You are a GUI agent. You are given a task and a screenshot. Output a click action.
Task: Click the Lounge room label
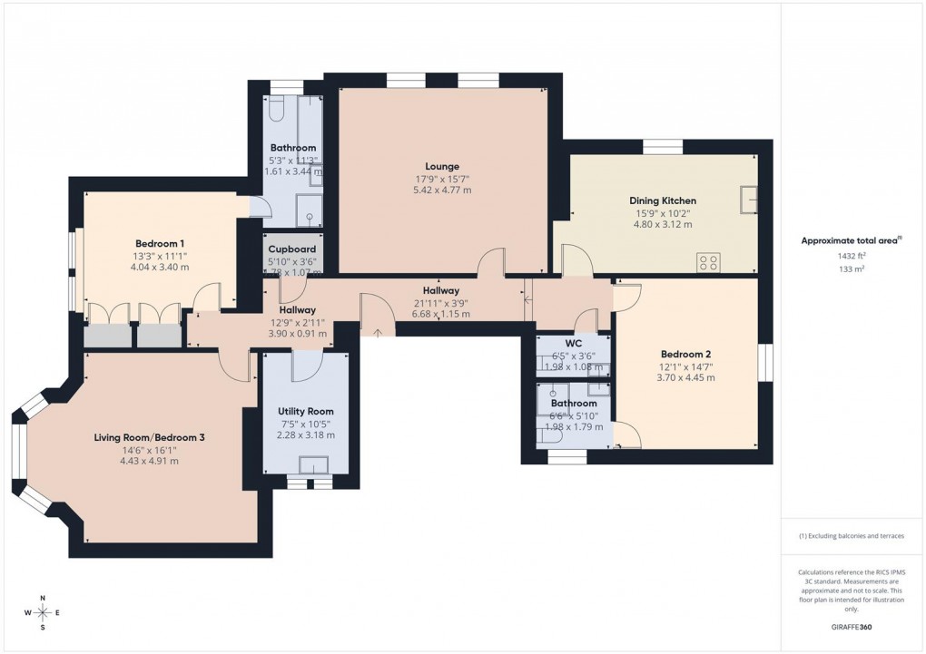[x=442, y=166]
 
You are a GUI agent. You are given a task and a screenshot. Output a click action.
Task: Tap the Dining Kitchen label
[x=663, y=200]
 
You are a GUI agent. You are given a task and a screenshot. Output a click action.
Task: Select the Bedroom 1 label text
[x=160, y=243]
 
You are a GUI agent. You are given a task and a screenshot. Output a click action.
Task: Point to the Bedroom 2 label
[x=685, y=354]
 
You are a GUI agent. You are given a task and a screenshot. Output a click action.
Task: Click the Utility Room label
[x=305, y=412]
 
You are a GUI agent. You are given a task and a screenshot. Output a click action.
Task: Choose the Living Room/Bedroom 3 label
[x=149, y=437]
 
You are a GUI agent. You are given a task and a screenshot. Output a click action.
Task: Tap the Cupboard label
[x=291, y=249]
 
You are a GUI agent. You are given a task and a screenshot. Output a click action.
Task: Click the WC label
[x=573, y=344]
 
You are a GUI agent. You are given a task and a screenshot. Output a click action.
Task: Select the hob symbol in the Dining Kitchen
[x=708, y=262]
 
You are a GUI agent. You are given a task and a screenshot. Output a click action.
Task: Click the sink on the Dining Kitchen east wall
[x=749, y=199]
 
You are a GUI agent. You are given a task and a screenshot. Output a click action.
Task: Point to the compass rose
[x=42, y=612]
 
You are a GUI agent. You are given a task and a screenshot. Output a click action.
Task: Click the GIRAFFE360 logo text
[x=852, y=626]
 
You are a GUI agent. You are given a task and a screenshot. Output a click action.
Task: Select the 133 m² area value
[x=852, y=269]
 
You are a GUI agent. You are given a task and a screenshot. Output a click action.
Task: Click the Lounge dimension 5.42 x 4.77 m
[x=442, y=190]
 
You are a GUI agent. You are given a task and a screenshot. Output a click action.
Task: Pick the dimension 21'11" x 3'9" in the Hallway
[x=440, y=302]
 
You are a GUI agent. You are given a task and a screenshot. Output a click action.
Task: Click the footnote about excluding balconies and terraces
[x=852, y=536]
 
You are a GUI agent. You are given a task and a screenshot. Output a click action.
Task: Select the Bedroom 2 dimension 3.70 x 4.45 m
[x=685, y=377]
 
